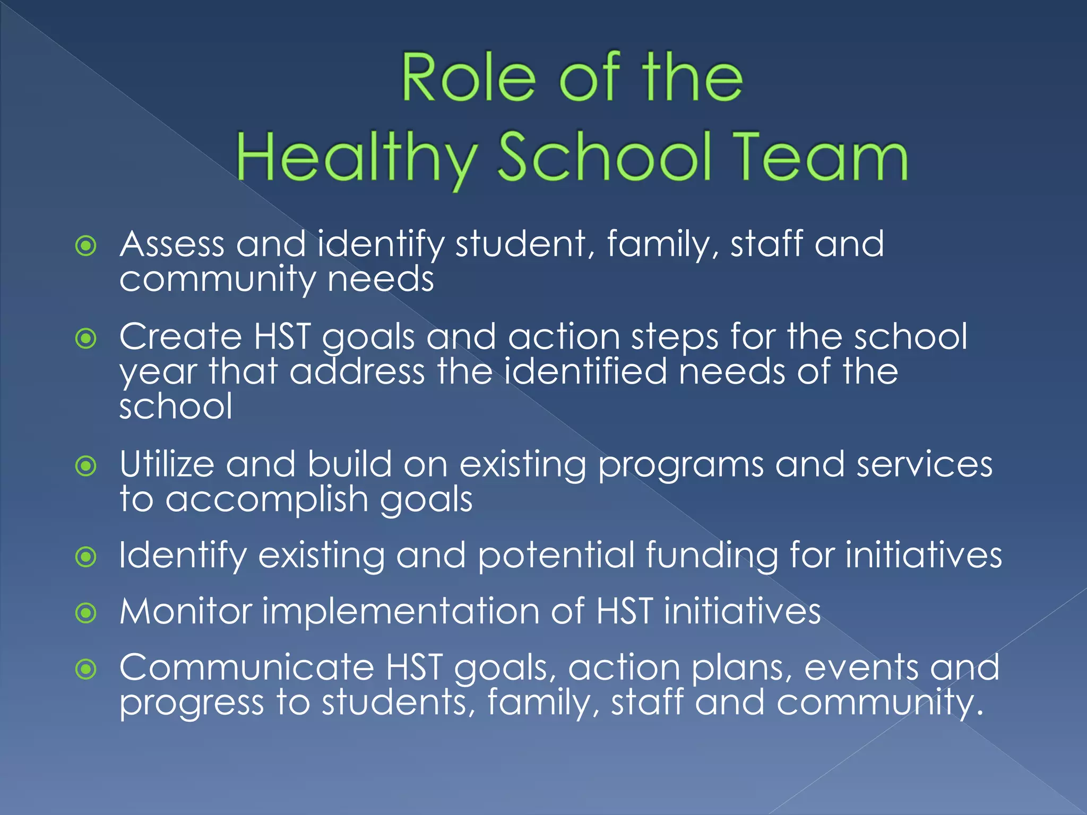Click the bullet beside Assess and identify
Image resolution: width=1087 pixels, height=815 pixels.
[x=86, y=246]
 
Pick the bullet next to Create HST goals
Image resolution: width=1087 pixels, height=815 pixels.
[x=86, y=338]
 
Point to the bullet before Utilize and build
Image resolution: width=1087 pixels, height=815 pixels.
[x=86, y=466]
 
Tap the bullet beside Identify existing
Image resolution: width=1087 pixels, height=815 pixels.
[x=86, y=557]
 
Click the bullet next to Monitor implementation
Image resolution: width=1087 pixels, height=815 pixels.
[x=86, y=613]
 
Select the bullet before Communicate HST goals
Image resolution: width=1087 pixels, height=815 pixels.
[x=86, y=669]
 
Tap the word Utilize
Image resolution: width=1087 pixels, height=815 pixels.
[x=167, y=465]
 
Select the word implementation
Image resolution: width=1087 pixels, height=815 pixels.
[x=401, y=611]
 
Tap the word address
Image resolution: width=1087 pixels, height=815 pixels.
[x=357, y=371]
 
